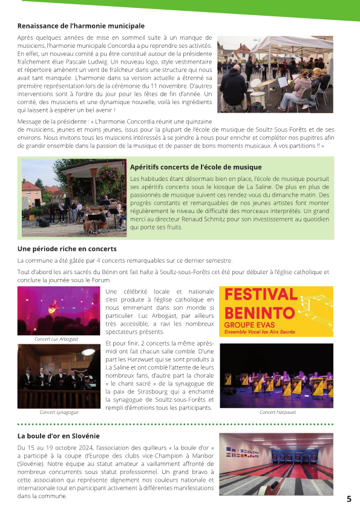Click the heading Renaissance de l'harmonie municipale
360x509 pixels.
[81, 26]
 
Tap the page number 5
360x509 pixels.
[349, 499]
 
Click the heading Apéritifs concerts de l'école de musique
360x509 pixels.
[195, 167]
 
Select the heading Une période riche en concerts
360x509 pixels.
[67, 249]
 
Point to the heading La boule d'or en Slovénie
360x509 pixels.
[59, 436]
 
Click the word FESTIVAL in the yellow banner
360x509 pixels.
[261, 295]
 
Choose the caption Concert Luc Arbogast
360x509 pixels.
[56, 340]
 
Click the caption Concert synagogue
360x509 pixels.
[59, 412]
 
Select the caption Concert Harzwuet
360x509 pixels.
[276, 412]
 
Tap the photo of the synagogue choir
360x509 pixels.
[59, 376]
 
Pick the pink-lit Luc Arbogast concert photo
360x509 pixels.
[59, 310]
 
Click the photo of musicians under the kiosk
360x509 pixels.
[74, 197]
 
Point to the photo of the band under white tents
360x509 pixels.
[275, 74]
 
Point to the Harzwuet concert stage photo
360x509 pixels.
[276, 376]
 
